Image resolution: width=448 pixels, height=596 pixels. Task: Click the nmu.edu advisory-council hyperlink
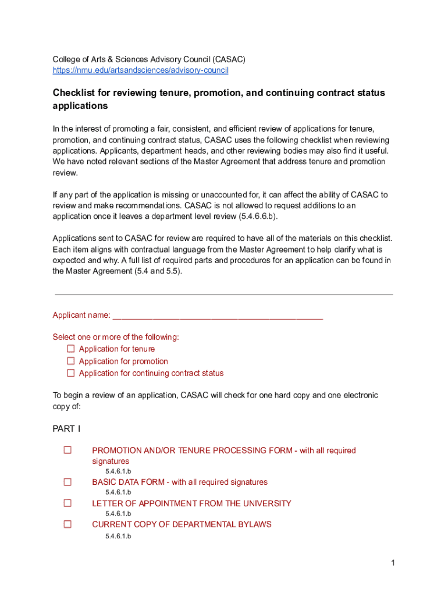140,70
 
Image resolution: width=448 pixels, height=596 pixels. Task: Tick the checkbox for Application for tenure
71,349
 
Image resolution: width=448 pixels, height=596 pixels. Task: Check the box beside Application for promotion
71,361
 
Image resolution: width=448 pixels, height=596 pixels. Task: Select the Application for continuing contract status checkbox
71,373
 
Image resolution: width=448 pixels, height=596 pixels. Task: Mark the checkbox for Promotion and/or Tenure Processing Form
67,450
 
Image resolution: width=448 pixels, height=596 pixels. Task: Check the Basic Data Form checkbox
67,482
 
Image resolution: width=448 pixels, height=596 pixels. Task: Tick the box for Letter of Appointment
67,503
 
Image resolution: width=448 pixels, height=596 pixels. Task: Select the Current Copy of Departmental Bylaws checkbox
67,524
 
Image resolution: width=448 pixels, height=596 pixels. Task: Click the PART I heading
66,429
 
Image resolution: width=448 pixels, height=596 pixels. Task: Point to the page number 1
393,562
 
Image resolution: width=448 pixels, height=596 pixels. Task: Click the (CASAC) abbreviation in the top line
229,59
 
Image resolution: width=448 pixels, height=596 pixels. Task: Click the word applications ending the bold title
80,107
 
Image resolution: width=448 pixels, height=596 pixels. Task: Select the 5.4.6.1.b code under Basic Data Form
118,492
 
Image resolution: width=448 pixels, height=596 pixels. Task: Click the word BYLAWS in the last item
252,524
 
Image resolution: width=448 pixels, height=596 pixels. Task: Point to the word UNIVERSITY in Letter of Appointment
264,503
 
